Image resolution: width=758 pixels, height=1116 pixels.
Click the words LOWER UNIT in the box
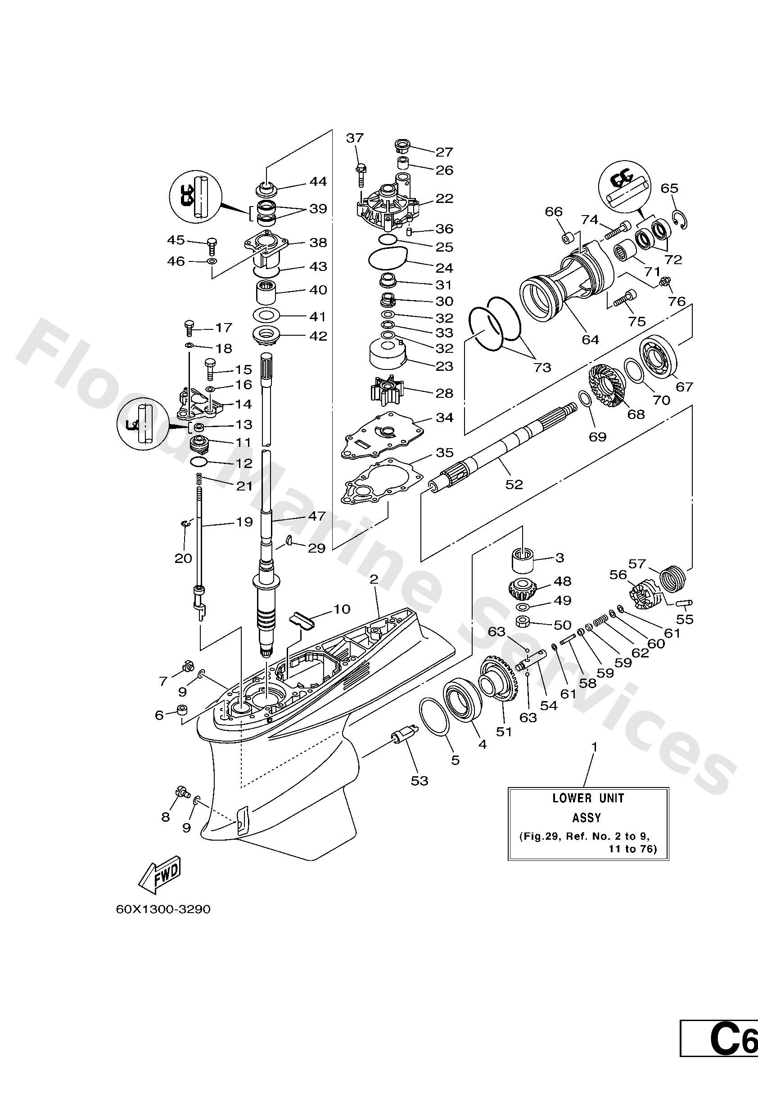pos(587,799)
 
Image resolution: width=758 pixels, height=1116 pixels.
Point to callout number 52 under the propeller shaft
pos(514,485)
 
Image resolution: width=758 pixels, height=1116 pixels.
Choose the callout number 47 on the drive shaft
pos(317,516)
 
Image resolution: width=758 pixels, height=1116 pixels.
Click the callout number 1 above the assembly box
pos(594,747)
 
